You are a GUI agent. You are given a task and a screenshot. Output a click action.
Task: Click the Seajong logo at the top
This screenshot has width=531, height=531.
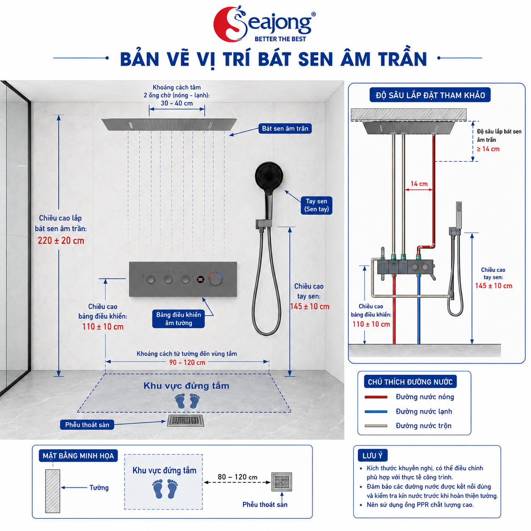(265, 24)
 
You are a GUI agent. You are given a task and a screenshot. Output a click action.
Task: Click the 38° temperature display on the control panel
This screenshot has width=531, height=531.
(201, 279)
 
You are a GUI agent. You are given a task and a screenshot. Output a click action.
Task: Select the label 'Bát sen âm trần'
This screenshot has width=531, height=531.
(285, 128)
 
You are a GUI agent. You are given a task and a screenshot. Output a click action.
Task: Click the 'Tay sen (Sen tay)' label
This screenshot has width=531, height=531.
(316, 205)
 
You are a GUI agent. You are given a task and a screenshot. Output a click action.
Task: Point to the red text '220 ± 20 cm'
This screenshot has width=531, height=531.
(61, 241)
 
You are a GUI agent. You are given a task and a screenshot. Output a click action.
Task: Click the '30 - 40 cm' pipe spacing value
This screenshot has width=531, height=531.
(177, 103)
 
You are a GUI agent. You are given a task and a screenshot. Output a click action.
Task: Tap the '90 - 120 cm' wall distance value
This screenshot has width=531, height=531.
(187, 362)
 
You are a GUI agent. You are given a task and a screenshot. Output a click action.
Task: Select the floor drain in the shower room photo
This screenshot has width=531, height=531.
(186, 421)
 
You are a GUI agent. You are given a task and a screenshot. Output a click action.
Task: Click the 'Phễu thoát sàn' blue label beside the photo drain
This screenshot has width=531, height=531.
(87, 425)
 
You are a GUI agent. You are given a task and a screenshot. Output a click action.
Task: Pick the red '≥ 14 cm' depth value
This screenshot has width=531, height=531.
(488, 149)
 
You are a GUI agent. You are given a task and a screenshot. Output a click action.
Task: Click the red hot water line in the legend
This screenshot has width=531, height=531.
(376, 397)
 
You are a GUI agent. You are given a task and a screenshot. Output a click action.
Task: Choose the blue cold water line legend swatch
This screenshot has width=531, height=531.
(376, 412)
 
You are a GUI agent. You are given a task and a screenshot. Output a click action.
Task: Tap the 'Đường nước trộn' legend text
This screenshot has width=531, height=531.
(423, 426)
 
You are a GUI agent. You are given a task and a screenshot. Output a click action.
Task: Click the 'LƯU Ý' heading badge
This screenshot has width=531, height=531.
(373, 456)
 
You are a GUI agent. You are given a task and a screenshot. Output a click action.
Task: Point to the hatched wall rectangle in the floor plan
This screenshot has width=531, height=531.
(53, 491)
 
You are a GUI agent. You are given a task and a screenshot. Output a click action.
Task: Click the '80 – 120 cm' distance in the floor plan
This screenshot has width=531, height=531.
(238, 477)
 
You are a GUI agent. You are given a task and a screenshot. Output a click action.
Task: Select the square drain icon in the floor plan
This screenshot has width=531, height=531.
(282, 482)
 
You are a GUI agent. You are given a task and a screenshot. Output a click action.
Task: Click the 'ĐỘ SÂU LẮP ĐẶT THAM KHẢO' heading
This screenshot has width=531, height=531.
(430, 95)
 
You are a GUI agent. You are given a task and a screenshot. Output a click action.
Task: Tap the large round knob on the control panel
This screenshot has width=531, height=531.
(216, 280)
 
